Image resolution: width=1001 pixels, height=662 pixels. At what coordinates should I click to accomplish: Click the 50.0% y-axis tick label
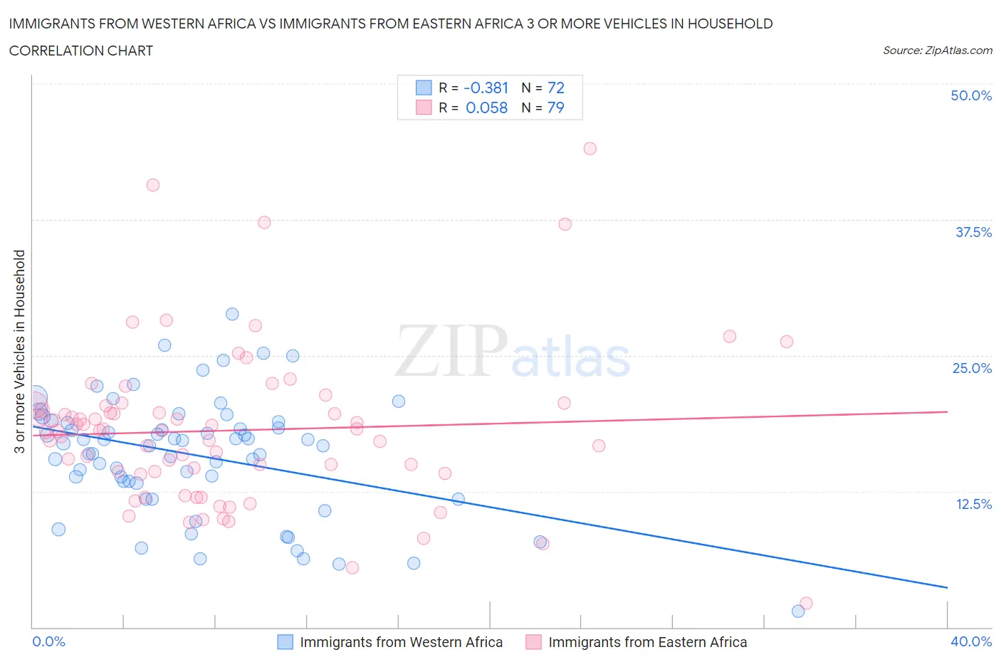(x=970, y=95)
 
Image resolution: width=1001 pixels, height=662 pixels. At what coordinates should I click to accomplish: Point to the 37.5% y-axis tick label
(x=973, y=232)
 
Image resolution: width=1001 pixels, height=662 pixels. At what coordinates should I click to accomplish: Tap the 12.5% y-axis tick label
(x=973, y=504)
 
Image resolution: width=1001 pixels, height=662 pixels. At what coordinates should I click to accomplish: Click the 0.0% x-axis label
(x=48, y=641)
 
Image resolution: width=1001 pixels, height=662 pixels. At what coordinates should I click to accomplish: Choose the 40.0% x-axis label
(x=970, y=641)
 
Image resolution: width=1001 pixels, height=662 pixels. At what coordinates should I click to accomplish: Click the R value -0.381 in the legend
(x=486, y=88)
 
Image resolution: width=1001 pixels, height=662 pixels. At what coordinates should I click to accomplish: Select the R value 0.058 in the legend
(x=486, y=107)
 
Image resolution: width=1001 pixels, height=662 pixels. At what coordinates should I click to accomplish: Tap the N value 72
(x=555, y=88)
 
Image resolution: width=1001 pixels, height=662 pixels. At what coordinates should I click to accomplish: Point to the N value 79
(x=555, y=107)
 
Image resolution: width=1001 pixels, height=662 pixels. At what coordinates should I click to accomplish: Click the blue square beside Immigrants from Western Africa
(x=285, y=642)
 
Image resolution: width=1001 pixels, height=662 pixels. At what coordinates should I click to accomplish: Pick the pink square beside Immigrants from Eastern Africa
(x=533, y=642)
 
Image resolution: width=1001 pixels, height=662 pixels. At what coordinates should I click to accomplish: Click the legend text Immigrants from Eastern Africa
(x=647, y=642)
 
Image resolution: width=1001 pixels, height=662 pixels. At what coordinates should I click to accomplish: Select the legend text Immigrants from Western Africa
(x=401, y=642)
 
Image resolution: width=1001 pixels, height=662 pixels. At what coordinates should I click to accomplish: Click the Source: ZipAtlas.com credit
(x=937, y=51)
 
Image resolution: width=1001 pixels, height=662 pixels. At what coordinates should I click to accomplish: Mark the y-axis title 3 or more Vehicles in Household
(x=20, y=351)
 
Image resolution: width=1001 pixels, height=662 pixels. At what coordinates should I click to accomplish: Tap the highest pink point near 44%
(x=589, y=149)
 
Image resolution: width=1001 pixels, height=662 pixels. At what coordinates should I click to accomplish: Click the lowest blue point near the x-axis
(x=798, y=611)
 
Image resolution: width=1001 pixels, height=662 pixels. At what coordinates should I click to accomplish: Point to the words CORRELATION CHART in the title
(x=81, y=51)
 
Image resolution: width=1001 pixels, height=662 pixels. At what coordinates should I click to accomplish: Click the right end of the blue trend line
(x=947, y=587)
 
